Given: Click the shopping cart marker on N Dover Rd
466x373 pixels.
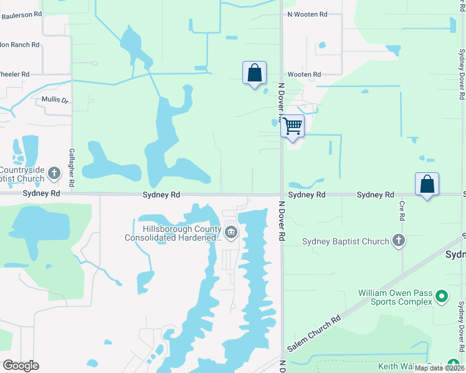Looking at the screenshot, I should tap(293, 126).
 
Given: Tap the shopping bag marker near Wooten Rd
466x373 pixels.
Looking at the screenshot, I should tap(254, 73).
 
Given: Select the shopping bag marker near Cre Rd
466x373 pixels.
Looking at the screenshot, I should tap(427, 185).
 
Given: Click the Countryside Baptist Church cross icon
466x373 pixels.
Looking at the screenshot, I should tap(54, 173).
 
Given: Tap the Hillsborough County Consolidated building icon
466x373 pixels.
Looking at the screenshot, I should tap(231, 233).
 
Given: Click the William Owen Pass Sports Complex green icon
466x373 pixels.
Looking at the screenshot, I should tap(442, 297).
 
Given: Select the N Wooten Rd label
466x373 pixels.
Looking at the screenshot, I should tap(307, 14).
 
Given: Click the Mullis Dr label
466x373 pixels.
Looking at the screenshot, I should tap(55, 99).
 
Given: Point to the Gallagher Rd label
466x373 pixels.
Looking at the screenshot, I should tap(72, 168).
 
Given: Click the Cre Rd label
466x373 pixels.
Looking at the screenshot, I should tap(402, 210).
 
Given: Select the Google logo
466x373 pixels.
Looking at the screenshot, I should tap(21, 366).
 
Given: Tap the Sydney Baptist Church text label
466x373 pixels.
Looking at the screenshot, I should tap(345, 241).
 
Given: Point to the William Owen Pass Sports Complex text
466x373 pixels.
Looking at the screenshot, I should tap(395, 297).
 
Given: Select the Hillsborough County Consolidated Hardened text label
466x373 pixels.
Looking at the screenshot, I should tap(173, 233).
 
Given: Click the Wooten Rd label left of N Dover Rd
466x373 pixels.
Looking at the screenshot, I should tap(304, 75).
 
